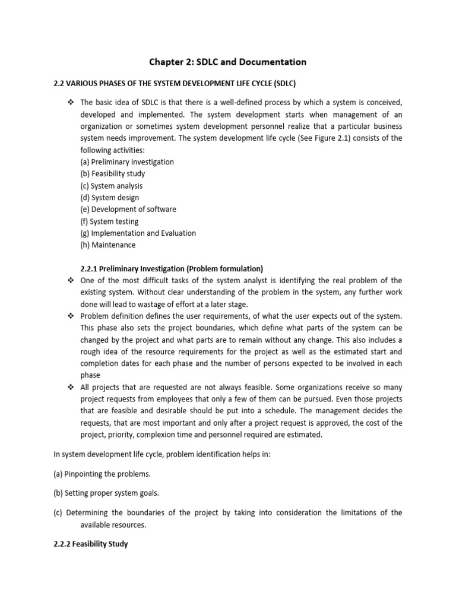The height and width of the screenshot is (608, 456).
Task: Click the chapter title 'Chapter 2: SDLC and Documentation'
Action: tap(227, 62)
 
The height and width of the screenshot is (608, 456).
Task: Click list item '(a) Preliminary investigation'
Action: tap(127, 162)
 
